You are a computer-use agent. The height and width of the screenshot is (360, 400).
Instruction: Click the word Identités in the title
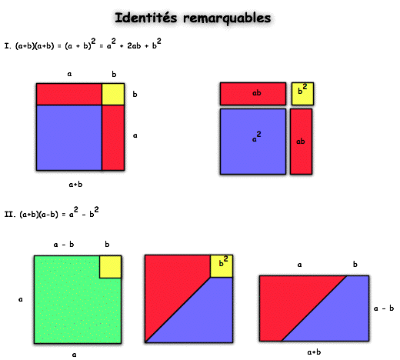(146, 18)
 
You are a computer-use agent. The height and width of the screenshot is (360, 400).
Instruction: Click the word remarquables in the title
(227, 18)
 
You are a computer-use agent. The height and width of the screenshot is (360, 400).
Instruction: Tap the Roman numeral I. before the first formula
(8, 46)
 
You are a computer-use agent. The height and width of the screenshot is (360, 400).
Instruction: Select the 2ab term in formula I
(134, 45)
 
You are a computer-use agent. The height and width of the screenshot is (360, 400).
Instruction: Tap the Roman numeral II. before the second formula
(10, 214)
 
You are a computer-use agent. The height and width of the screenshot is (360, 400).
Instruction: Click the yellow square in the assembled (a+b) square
(113, 94)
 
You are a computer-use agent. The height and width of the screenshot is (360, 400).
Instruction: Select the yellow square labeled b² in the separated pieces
(302, 94)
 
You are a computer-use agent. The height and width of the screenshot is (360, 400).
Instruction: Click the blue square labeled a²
(253, 142)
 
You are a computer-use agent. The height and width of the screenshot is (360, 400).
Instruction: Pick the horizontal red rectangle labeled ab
(253, 94)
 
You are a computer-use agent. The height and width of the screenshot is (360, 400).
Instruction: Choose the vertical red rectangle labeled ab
(302, 142)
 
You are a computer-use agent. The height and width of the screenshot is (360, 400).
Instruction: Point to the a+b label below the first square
(75, 185)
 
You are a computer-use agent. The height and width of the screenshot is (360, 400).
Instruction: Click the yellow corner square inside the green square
(110, 267)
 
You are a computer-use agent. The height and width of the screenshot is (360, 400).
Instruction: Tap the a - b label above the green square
(64, 245)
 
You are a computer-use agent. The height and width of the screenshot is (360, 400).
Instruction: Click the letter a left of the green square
(21, 299)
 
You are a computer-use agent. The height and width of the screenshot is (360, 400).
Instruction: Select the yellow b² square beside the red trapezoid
(222, 266)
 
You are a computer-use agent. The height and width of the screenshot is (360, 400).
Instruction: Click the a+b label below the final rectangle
(314, 352)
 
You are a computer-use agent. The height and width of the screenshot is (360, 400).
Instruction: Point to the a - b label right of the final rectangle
(384, 308)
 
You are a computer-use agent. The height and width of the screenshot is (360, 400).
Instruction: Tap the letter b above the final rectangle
(355, 264)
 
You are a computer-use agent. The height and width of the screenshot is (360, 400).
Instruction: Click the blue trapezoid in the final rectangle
(333, 313)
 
